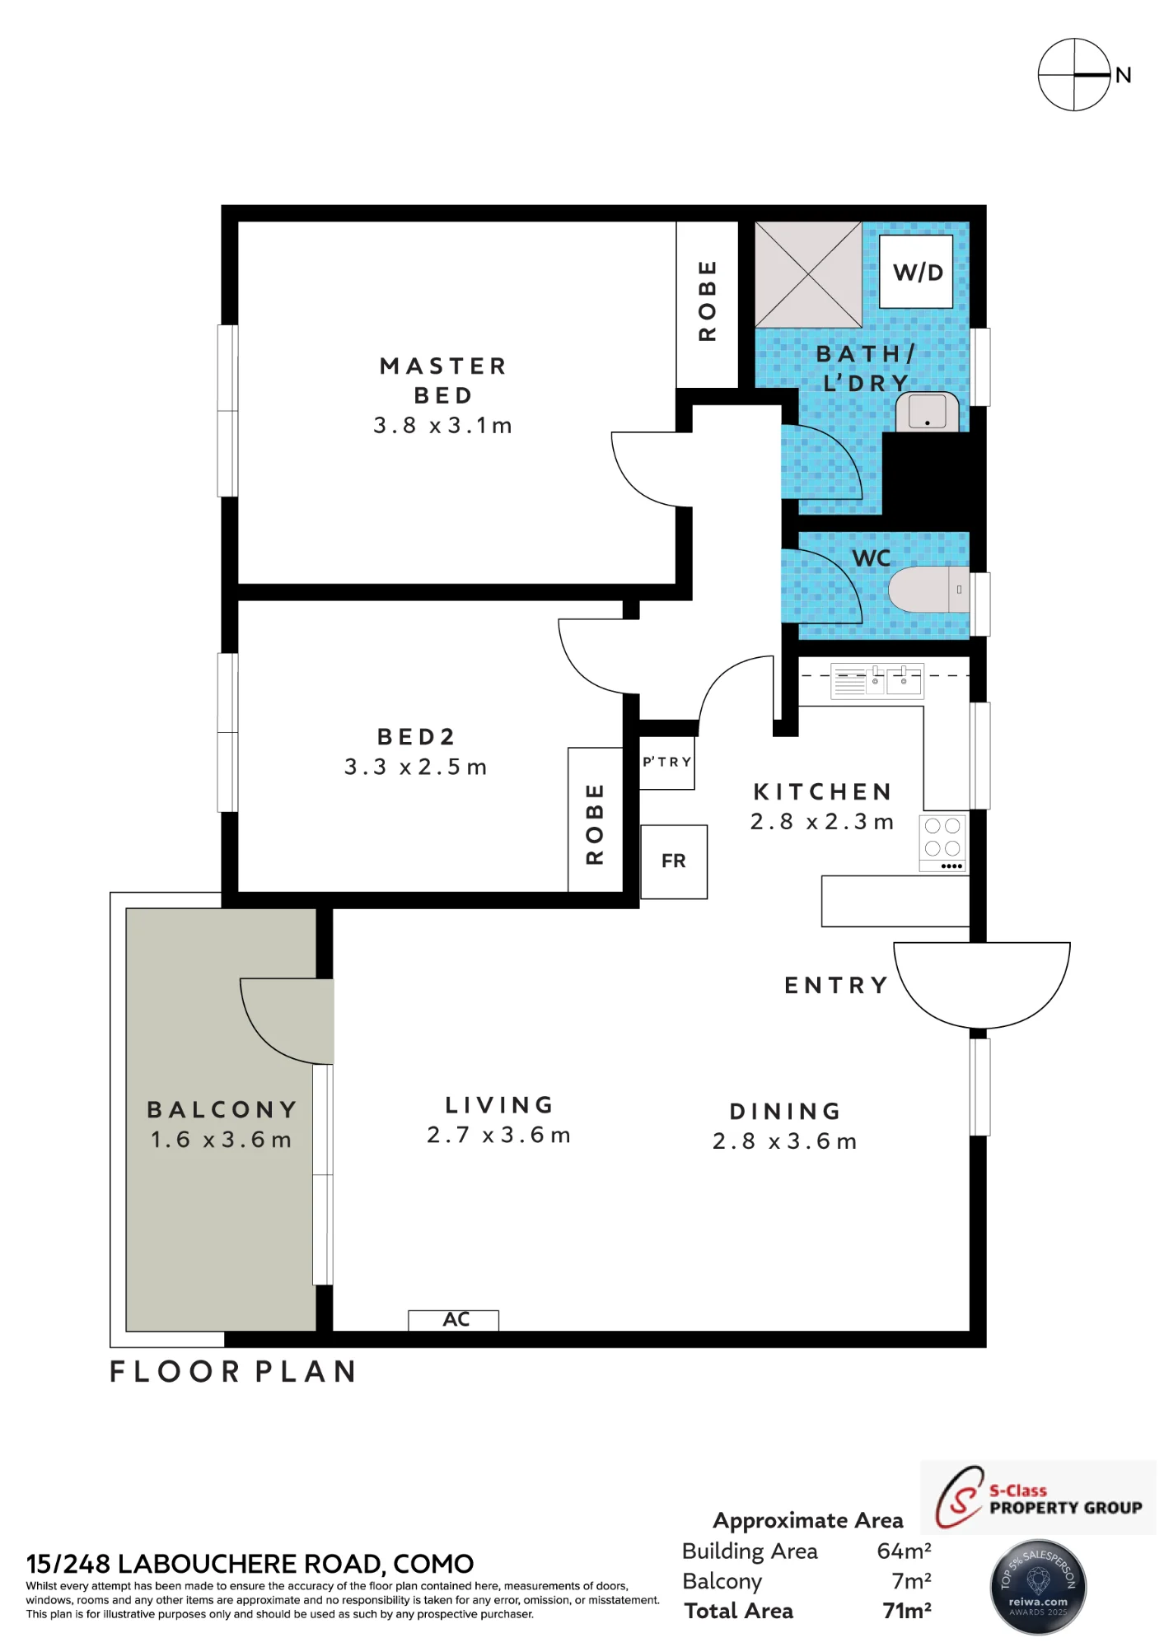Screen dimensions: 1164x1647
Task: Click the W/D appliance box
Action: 916,271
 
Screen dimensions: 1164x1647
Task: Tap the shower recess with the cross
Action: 808,274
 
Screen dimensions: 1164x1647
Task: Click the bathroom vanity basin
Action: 928,411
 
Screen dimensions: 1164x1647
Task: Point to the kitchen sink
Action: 877,681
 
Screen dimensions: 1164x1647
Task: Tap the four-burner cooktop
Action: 943,842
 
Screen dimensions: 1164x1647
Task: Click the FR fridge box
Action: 674,861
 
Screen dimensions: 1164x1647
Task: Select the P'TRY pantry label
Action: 666,762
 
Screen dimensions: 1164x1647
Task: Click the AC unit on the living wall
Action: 454,1320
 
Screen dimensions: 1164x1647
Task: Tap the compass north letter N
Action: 1123,75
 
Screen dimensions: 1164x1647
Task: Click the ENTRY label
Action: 836,985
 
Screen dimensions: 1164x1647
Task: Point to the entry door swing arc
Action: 982,1027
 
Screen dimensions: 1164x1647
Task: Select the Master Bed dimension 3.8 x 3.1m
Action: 443,425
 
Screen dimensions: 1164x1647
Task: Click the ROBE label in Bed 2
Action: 595,823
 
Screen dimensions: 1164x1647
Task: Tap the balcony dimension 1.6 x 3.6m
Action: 222,1140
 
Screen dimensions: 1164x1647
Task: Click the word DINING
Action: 785,1111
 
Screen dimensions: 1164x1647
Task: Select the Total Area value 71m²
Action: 907,1611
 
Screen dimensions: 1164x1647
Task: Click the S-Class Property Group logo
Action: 1038,1497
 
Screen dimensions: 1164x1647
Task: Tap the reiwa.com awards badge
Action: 1038,1587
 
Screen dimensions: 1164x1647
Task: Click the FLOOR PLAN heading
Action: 233,1371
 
